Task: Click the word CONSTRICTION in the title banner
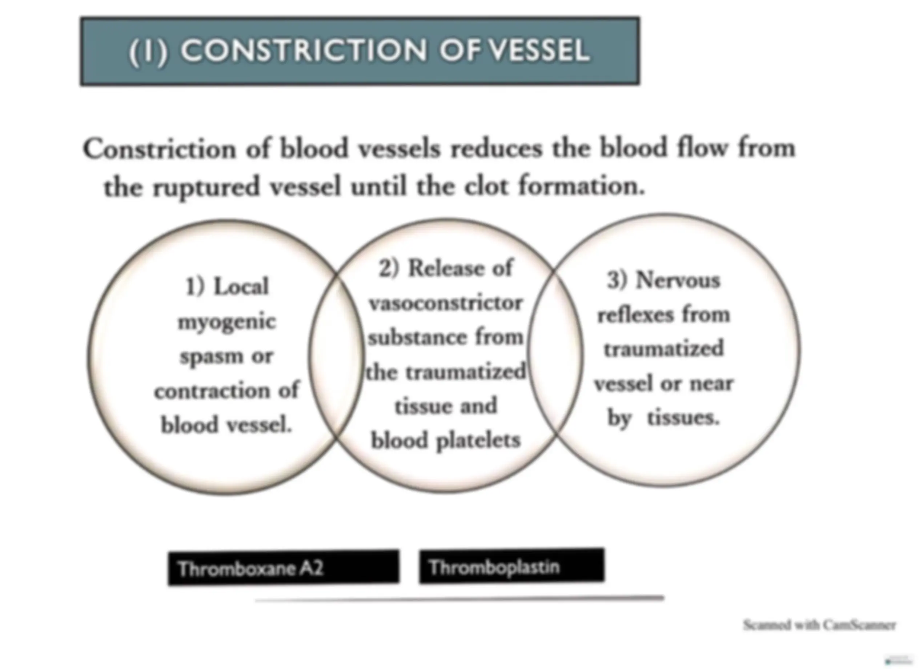304,51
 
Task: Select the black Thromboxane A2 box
284,568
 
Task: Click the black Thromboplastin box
512,566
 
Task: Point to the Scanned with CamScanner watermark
819,625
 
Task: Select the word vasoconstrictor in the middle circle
446,303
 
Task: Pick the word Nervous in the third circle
678,280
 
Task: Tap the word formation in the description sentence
582,187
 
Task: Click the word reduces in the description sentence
496,149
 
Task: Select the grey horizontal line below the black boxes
459,599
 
